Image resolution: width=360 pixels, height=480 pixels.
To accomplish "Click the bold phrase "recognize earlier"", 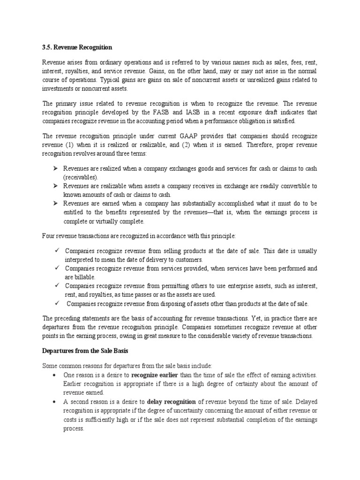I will tap(155, 375).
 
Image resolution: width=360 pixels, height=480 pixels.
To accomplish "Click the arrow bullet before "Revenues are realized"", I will tap(54, 168).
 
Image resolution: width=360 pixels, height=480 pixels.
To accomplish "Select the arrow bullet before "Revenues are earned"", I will tap(54, 203).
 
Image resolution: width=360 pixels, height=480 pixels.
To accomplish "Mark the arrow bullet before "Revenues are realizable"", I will tap(54, 186).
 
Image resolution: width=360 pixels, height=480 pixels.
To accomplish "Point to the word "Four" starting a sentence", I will tap(49, 236).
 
